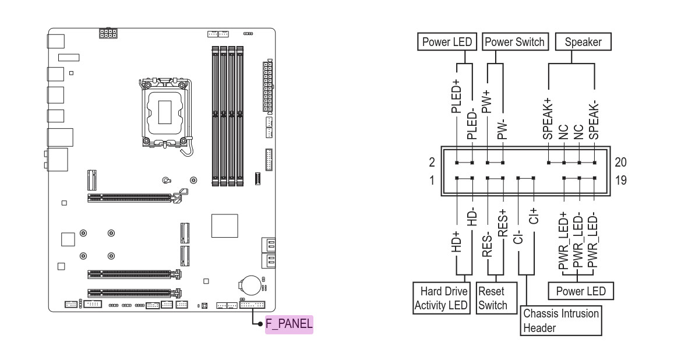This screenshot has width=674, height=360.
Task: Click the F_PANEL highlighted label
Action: click(x=289, y=324)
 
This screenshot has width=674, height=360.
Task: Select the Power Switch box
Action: click(x=514, y=42)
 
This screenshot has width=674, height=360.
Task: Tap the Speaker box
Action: click(x=583, y=42)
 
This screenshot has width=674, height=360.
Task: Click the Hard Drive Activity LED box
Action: click(x=442, y=298)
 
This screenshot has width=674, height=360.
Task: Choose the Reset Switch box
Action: click(x=496, y=298)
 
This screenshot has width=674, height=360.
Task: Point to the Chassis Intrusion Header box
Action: click(x=560, y=320)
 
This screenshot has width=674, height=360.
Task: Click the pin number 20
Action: click(x=621, y=163)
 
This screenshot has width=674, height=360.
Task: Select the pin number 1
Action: click(x=432, y=180)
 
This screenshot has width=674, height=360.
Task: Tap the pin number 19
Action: click(x=621, y=180)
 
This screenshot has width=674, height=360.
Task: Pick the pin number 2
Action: click(x=432, y=163)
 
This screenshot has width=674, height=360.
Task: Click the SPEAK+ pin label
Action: click(x=548, y=119)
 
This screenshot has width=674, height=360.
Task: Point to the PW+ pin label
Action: click(x=486, y=101)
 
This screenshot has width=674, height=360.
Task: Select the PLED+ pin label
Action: click(x=456, y=96)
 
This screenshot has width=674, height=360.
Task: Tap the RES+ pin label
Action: click(x=503, y=223)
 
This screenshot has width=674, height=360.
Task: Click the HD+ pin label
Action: click(x=456, y=241)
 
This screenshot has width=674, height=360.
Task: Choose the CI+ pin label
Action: click(x=534, y=216)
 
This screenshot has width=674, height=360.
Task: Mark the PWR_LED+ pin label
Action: click(x=563, y=241)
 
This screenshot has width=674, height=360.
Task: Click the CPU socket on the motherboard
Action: click(x=165, y=112)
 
